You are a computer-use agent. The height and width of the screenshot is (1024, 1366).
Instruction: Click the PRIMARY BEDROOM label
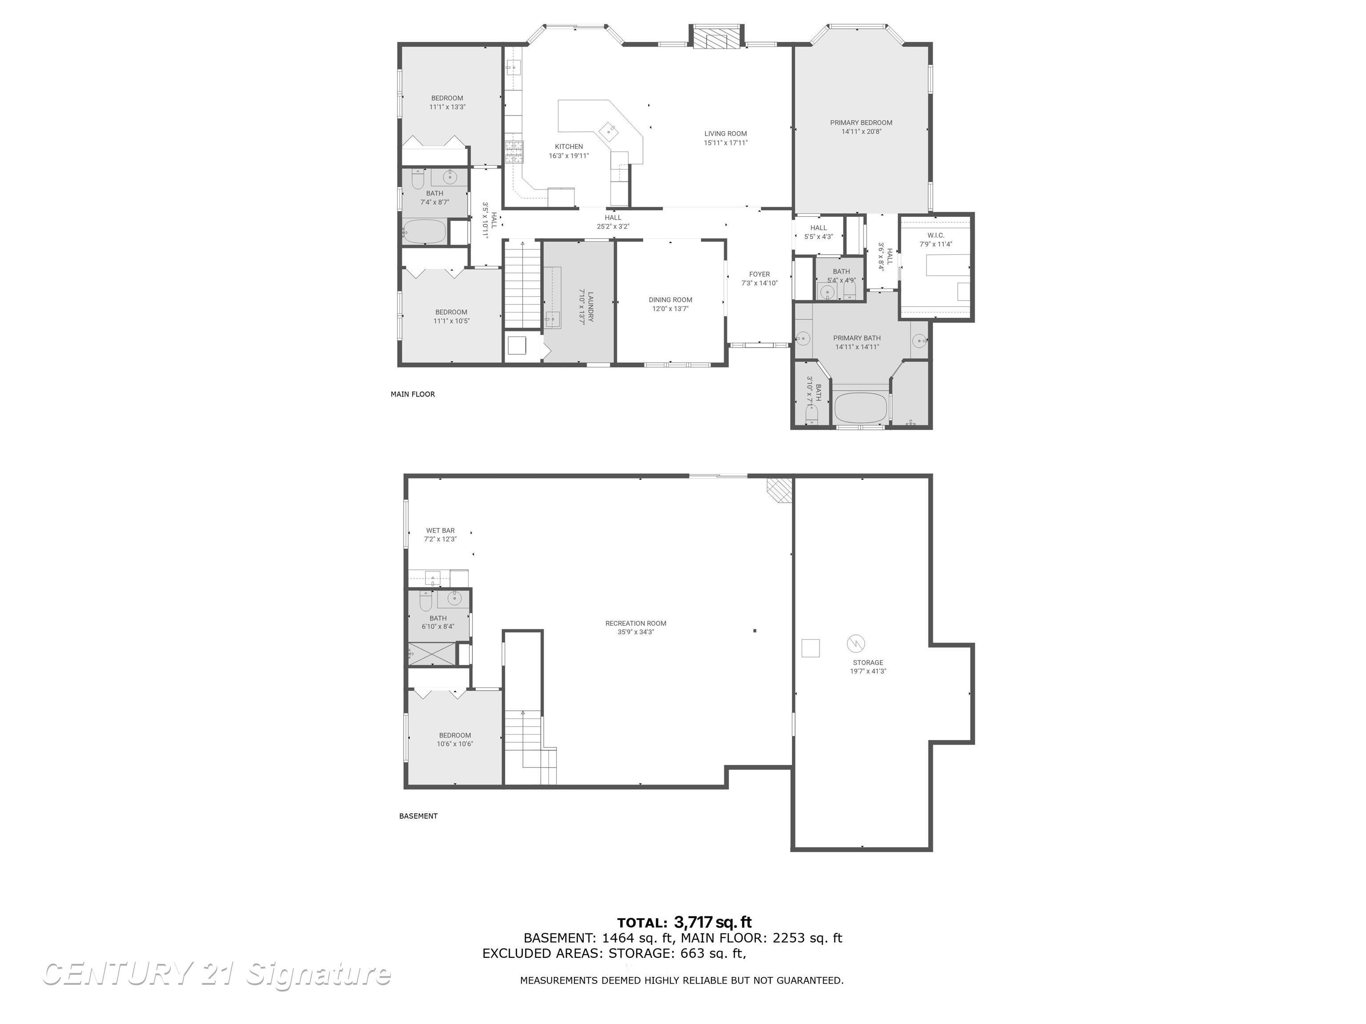[861, 122]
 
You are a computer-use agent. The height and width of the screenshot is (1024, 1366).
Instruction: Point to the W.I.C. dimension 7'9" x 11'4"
[936, 244]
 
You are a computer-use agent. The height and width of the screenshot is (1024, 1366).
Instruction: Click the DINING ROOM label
[670, 300]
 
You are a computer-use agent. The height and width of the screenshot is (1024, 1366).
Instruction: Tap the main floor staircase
[523, 284]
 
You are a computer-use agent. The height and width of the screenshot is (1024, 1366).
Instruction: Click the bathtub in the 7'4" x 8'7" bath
[424, 232]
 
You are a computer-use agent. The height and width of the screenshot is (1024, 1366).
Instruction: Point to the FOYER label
[759, 274]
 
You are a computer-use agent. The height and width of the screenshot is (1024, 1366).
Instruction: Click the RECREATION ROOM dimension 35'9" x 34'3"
[635, 632]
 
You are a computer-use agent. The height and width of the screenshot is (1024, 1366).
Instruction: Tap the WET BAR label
[440, 530]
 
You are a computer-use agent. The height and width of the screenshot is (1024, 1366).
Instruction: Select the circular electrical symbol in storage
[855, 644]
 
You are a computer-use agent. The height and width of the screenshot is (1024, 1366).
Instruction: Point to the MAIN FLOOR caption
[413, 394]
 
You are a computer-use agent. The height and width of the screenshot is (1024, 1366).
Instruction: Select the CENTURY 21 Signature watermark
[216, 973]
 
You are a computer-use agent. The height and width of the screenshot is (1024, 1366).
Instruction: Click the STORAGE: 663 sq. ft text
[676, 953]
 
